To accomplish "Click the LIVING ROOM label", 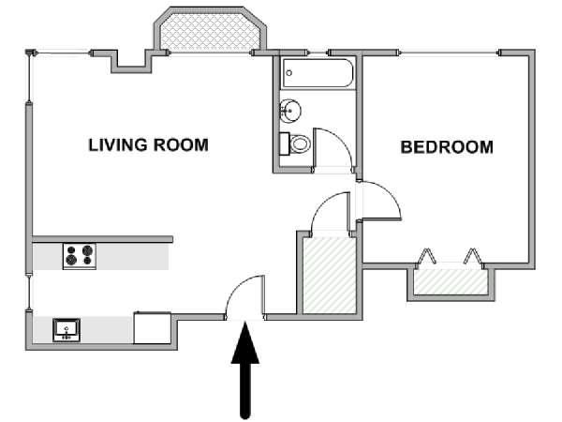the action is point(148,145).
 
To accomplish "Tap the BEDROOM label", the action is point(447,147).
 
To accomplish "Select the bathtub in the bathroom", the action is point(318,73).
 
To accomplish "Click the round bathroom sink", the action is point(290,111).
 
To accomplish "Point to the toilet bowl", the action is point(300,143).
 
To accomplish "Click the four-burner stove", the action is point(80,255).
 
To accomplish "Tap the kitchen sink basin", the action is point(67,329).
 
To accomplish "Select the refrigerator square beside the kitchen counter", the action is point(153,328).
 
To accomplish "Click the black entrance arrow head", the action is point(245,343).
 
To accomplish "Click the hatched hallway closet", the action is point(330,275).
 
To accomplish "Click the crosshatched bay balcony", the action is point(209,32).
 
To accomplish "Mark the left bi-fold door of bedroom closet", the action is point(425,256).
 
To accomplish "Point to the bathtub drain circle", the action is point(289,73).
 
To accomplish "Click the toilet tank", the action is point(284,143).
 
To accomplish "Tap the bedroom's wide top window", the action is point(448,53).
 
